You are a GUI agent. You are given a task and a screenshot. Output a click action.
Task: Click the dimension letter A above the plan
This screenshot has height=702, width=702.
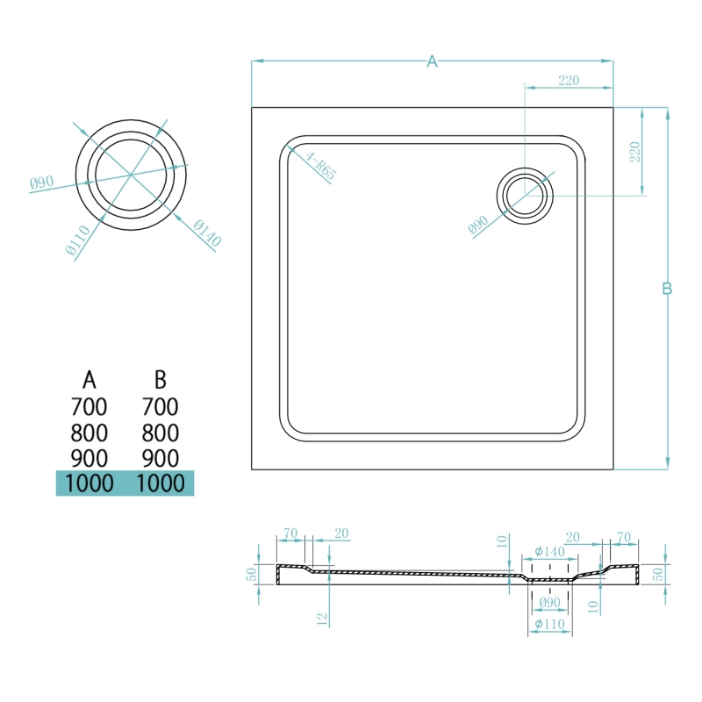tap(432, 61)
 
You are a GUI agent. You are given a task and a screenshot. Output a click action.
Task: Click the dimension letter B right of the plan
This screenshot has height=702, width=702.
tap(667, 289)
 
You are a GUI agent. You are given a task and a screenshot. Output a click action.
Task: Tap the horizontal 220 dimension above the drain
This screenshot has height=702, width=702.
tap(569, 80)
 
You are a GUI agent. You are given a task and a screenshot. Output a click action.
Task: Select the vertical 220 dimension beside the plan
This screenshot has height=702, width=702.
tap(634, 152)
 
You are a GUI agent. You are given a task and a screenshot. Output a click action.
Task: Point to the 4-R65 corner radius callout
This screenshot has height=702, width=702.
tap(320, 166)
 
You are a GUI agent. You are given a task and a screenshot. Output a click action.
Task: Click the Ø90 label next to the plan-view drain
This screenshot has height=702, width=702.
tap(478, 225)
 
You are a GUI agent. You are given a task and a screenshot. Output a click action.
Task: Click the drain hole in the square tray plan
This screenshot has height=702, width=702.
tap(525, 196)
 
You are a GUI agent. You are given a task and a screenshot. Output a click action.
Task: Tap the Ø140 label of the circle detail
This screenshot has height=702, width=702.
tap(207, 233)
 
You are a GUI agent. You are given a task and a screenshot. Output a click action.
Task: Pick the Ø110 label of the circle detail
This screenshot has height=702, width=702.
tap(78, 240)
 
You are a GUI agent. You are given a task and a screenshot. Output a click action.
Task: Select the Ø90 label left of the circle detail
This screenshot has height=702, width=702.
tap(41, 183)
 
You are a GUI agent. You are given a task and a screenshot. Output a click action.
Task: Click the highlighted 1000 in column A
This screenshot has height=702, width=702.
tap(90, 484)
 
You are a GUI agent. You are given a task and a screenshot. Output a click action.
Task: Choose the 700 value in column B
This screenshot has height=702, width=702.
tap(160, 406)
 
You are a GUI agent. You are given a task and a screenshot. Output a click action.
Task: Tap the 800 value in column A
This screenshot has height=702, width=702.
tap(90, 433)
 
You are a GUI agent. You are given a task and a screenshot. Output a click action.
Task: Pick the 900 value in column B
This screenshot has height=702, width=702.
tap(160, 458)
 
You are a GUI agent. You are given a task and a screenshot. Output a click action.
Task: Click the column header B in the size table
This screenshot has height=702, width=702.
tap(160, 380)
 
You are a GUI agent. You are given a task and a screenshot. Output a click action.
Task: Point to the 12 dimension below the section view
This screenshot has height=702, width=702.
tap(322, 620)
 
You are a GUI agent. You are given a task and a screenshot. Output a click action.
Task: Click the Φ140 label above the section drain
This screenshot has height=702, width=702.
tap(550, 552)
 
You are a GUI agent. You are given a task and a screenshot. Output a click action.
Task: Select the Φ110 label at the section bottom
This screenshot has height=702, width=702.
tap(550, 624)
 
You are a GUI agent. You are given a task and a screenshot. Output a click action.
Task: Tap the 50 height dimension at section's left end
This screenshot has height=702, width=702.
tap(252, 574)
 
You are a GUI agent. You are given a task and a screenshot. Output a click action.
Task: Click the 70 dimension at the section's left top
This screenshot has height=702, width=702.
tap(290, 534)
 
